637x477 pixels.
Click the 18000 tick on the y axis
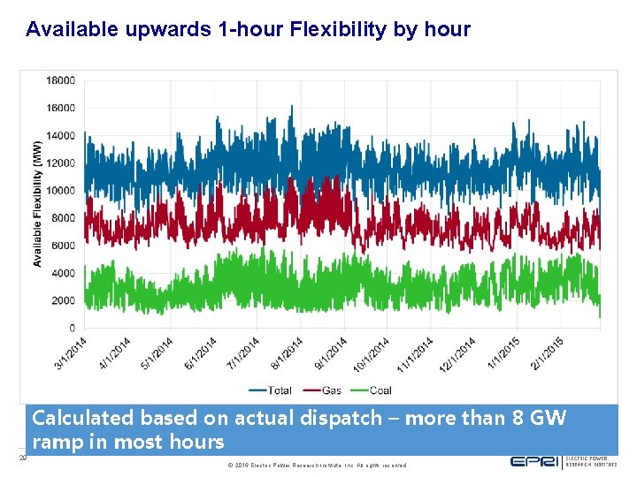pyautogui.click(x=60, y=80)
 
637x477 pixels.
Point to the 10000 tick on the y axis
pyautogui.click(x=60, y=191)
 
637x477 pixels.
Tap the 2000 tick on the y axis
pyautogui.click(x=63, y=301)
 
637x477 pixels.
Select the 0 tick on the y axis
pyautogui.click(x=71, y=329)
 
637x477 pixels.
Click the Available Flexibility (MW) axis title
pyautogui.click(x=37, y=204)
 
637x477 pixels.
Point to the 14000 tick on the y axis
pyautogui.click(x=60, y=136)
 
